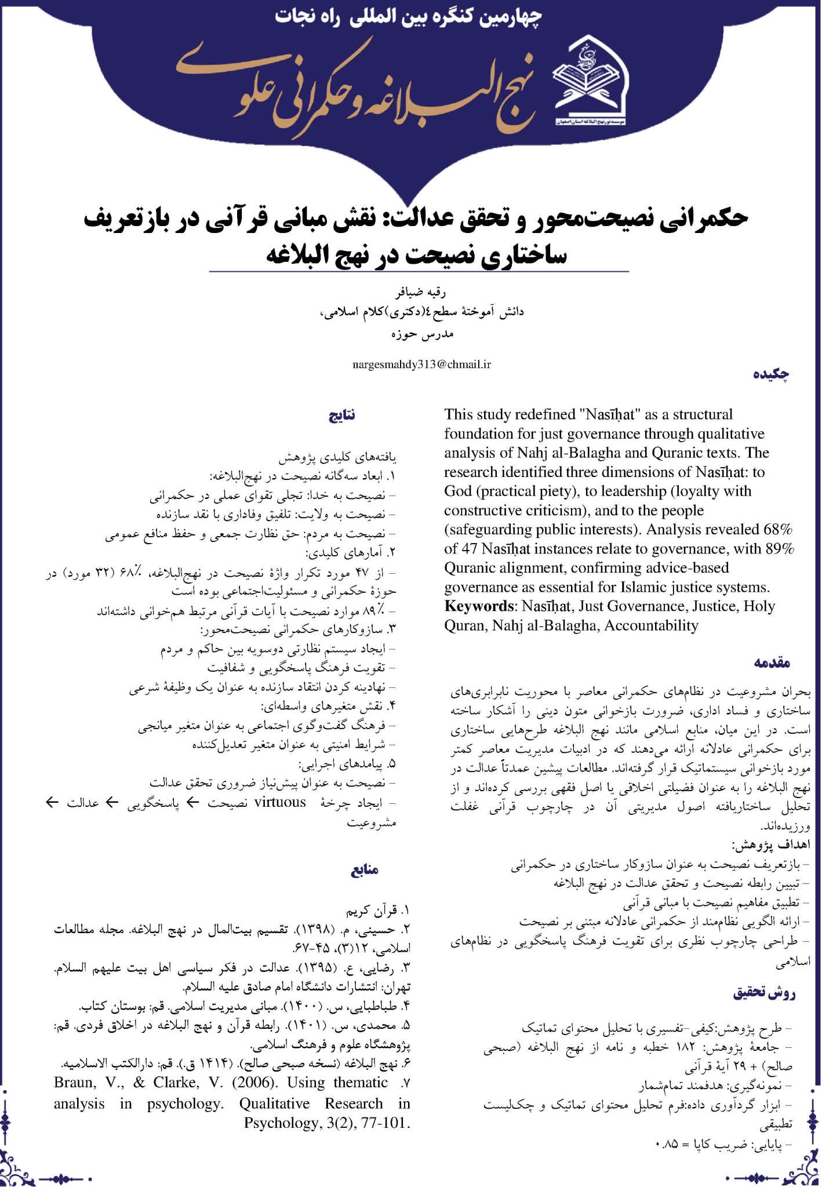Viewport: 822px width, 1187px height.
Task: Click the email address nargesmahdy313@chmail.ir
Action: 422,365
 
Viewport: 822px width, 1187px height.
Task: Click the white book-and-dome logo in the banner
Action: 590,81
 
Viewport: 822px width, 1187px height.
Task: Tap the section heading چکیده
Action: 772,374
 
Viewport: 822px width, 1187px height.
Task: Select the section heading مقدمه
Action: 772,662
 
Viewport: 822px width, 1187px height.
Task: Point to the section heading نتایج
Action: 342,415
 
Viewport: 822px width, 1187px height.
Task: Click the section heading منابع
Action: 365,870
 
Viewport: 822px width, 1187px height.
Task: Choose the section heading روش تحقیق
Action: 765,993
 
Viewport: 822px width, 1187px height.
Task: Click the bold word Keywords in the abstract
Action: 479,606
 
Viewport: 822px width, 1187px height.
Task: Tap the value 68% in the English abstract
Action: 778,530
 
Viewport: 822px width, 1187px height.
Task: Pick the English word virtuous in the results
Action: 280,802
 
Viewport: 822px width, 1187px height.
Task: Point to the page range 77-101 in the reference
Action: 385,1123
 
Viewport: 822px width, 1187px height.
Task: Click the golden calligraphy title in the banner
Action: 354,87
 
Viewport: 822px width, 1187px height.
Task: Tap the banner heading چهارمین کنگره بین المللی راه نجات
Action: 409,16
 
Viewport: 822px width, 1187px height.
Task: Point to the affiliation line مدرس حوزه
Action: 421,334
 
